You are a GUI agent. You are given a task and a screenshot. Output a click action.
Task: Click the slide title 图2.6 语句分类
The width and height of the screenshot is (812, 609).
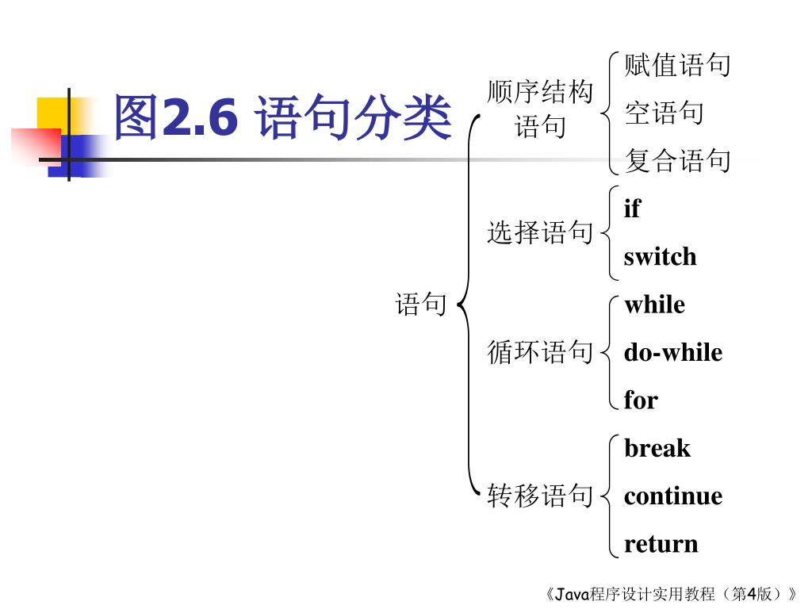tap(282, 117)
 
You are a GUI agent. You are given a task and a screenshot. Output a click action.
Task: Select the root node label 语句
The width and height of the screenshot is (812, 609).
tap(421, 304)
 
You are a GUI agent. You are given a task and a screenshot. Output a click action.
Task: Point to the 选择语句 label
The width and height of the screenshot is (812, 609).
tap(540, 232)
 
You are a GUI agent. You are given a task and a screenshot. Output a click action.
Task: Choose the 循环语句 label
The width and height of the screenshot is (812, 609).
tap(540, 351)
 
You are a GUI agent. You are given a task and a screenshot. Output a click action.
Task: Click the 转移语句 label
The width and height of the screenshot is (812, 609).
tap(540, 496)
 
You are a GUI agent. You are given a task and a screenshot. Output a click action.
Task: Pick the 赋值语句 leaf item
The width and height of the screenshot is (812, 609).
tap(677, 65)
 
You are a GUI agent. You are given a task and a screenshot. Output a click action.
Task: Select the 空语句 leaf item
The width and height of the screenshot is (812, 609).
tap(664, 113)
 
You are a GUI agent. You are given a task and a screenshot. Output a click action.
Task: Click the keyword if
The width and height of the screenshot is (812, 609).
tap(632, 209)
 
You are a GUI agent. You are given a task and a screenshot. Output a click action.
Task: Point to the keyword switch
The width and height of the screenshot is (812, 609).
tap(660, 257)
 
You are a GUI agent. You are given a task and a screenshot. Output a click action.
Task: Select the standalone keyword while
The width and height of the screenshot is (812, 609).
tap(654, 304)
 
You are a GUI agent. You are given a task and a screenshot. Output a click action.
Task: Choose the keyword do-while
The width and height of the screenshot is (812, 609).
tap(672, 352)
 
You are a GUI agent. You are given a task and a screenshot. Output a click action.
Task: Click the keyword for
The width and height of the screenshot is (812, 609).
tap(641, 400)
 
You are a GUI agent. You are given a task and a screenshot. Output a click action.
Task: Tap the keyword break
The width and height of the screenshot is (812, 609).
tap(657, 449)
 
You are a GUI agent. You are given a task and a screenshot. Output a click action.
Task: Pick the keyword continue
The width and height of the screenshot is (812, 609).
tap(672, 496)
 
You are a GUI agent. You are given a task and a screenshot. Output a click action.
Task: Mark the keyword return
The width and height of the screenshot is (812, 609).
tap(661, 544)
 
